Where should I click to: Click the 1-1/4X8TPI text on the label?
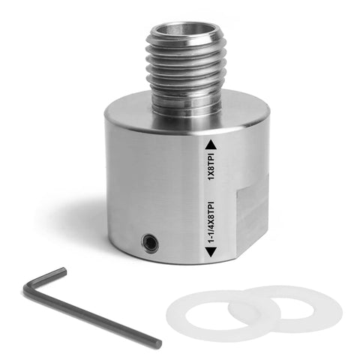[x=211, y=221]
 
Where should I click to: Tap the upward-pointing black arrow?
[x=211, y=145]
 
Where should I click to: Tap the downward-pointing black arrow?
[x=211, y=252]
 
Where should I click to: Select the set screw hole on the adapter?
[x=150, y=242]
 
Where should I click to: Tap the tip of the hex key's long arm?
[x=157, y=343]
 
